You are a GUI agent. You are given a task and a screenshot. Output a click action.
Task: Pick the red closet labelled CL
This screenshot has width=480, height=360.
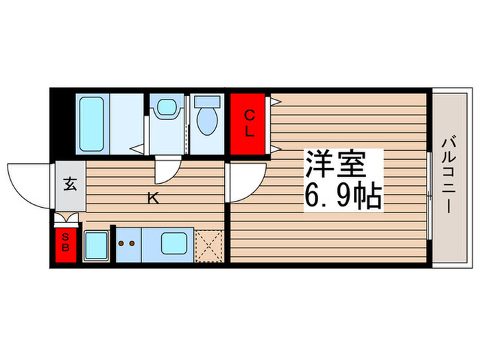(249, 123)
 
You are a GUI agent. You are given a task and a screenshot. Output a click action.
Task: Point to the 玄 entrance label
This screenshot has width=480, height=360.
(70, 184)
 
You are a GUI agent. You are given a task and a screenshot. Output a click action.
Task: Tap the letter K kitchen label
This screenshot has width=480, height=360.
(154, 200)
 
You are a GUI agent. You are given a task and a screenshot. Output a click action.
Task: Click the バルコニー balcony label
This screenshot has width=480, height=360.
(448, 176)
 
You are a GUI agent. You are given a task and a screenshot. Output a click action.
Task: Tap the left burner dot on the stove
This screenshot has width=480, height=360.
(121, 242)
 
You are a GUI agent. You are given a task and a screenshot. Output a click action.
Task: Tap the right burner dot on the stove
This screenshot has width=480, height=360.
(131, 242)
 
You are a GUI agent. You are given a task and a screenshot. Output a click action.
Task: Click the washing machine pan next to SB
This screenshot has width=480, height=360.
(95, 245)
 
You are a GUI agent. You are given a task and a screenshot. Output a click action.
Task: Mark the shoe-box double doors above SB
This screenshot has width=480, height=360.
(66, 219)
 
